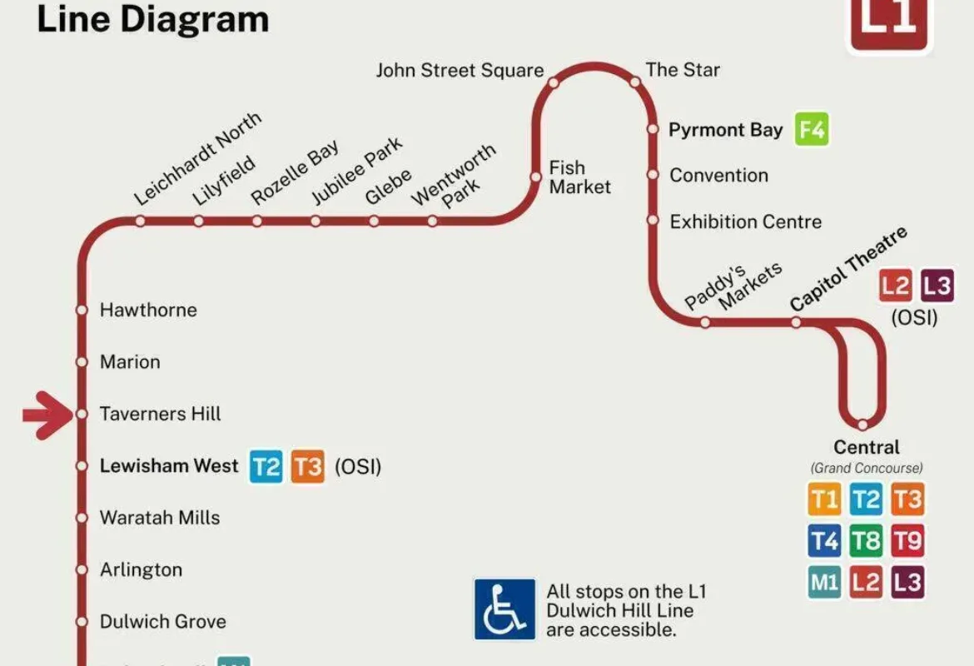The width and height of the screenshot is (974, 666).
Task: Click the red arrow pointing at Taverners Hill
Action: click(48, 414)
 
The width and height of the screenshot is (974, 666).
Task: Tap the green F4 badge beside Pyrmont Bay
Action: click(812, 130)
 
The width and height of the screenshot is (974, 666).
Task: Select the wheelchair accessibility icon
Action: click(504, 609)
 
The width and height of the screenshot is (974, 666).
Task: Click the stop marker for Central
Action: click(863, 425)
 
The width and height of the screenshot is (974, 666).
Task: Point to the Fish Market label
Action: click(579, 177)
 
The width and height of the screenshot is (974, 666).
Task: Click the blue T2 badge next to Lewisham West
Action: click(266, 466)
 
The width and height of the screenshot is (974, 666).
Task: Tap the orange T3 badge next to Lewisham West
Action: click(307, 466)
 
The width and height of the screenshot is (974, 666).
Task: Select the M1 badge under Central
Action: click(824, 582)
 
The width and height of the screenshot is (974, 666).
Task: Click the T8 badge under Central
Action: click(866, 541)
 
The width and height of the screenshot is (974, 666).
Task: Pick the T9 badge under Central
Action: click(907, 541)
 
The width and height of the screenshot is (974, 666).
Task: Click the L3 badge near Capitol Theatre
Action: click(937, 287)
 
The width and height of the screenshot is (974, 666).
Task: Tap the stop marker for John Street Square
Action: click(553, 82)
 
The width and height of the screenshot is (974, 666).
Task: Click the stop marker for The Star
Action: click(634, 82)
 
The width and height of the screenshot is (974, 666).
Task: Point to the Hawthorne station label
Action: click(148, 310)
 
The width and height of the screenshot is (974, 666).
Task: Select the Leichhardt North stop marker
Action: click(140, 221)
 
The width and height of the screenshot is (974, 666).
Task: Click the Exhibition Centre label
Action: click(745, 221)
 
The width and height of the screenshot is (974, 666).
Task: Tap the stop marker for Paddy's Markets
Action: click(705, 322)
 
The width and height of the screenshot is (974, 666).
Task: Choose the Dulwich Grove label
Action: click(162, 621)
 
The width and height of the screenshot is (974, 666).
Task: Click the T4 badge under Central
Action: click(824, 541)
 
